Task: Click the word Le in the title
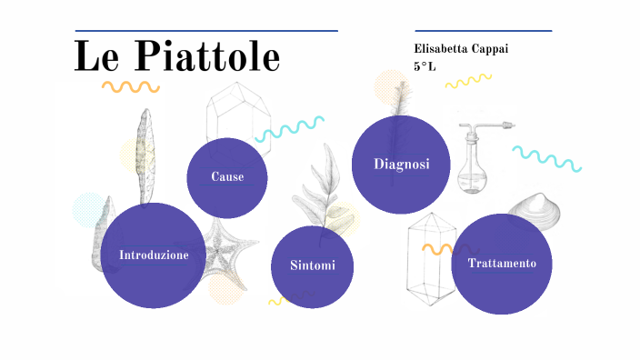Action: pos(96,57)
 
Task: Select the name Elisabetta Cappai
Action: pos(460,47)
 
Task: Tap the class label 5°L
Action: pos(424,66)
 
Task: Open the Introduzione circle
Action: pos(154,255)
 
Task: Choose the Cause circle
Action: pos(227,176)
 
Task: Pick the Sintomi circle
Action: pos(312,265)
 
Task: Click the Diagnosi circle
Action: pos(401,164)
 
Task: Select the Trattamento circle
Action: pos(502,264)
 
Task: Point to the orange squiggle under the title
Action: pos(130,87)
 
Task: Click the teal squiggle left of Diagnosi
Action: pos(289,129)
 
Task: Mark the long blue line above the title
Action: pos(206,31)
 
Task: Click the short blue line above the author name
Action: pos(483,31)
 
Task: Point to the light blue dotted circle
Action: pos(90,209)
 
